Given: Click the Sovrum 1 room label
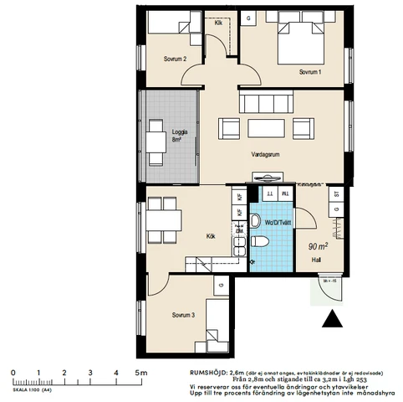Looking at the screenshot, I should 310,72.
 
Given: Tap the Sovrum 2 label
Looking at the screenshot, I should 175,59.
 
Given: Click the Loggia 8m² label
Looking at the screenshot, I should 179,136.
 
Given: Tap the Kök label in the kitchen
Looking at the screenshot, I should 211,236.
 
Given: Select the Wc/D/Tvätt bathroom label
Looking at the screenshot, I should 277,224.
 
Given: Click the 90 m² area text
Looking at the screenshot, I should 319,246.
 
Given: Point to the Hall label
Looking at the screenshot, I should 316,260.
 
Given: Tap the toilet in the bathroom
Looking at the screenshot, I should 260,242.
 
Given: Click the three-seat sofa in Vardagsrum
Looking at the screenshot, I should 266,103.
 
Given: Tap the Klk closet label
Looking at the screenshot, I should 219,23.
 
